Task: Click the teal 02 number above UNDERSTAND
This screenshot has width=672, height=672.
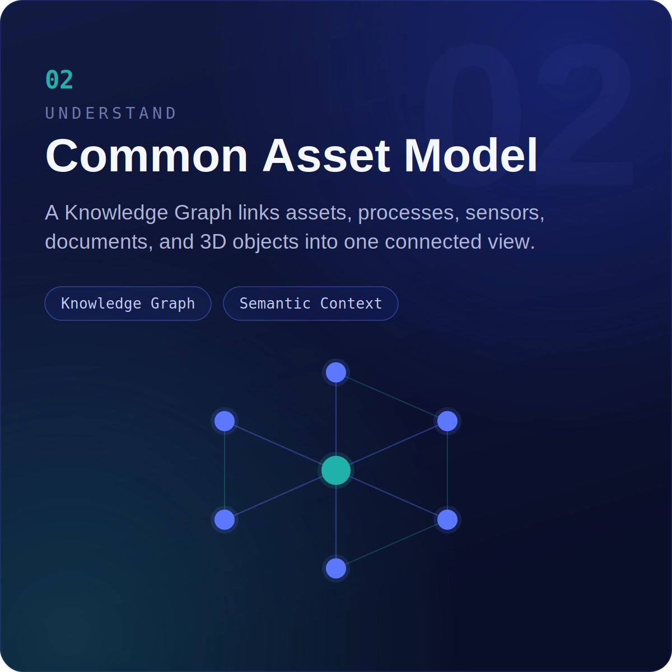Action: coord(59,80)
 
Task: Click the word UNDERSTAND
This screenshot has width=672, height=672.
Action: coord(111,113)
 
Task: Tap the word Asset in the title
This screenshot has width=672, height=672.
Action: coord(326,156)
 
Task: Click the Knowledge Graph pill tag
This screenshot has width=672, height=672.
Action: coord(128,304)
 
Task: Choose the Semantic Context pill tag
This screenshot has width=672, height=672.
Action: coord(311,304)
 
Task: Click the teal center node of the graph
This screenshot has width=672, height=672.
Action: coord(336,470)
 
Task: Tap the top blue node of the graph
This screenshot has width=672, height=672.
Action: coord(336,372)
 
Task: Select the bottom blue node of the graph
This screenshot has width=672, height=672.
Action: coord(336,568)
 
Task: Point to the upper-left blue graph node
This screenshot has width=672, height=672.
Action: coord(225,421)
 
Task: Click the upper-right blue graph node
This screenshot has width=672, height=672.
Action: coord(447,421)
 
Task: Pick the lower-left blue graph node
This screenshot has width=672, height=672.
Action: coord(225,520)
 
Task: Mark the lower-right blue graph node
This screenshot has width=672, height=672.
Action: coord(447,520)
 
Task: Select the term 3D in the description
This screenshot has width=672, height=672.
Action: coord(213,241)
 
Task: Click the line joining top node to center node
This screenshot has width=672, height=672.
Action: coord(336,419)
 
